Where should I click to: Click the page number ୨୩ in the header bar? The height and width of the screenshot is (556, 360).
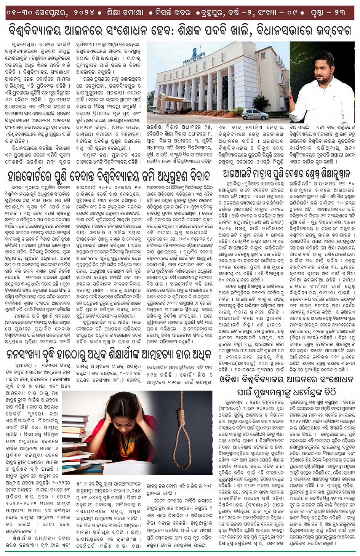340,13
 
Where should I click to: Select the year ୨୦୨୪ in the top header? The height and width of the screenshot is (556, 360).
81,13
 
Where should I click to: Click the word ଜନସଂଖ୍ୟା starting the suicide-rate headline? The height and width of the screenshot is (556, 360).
26,355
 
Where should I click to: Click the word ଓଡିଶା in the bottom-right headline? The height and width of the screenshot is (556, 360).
232,379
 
